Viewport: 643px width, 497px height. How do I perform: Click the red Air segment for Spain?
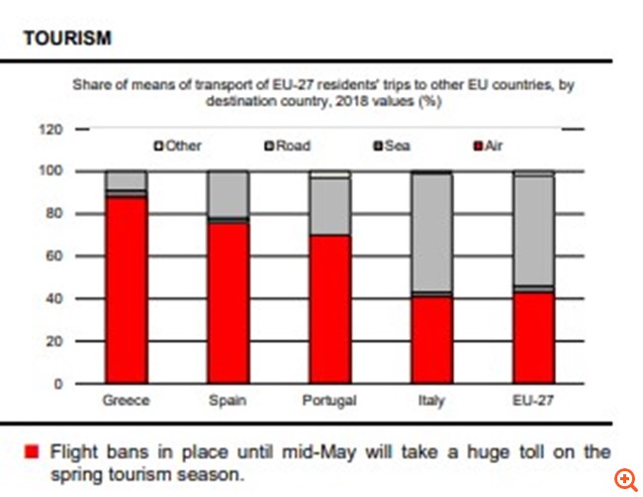[x=228, y=303]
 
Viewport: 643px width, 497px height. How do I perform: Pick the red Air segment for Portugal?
[x=329, y=309]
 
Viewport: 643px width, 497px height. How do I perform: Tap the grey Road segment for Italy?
[x=431, y=234]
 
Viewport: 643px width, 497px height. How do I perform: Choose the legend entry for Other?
[x=178, y=146]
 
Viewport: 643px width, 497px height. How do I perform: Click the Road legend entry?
[x=287, y=146]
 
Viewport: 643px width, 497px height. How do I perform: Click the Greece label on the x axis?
[x=126, y=401]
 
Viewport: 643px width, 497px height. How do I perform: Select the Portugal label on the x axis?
[x=329, y=401]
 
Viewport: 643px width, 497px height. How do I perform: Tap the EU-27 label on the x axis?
[x=532, y=401]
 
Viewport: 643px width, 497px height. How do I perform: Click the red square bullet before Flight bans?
[x=31, y=452]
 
